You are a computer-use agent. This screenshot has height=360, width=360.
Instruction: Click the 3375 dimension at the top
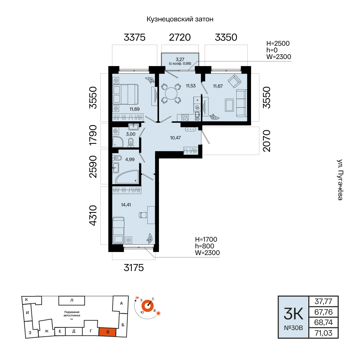(135, 37)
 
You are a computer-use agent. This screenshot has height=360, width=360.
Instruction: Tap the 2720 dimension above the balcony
(180, 37)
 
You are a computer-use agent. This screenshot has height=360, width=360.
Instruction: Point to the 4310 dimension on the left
(93, 215)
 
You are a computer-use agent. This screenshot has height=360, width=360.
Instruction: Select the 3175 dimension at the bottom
(134, 268)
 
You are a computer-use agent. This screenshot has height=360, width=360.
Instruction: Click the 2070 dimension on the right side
(267, 141)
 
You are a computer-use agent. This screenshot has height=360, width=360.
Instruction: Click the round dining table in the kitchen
(171, 93)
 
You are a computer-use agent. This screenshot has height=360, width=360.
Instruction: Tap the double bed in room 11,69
(125, 94)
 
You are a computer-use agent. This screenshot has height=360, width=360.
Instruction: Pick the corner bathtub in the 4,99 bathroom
(127, 177)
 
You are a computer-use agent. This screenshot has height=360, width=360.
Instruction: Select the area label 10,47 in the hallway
(175, 138)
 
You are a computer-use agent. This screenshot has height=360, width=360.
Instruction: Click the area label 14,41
(126, 205)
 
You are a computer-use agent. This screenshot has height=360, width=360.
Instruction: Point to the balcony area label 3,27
(180, 59)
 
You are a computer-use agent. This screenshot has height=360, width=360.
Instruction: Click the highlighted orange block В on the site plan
(107, 332)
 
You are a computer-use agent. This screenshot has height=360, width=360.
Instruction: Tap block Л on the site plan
(72, 300)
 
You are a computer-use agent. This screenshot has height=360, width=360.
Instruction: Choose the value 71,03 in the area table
(323, 333)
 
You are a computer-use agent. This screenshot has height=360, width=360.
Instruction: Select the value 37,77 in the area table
(323, 301)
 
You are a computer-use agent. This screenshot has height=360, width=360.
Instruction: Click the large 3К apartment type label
(293, 314)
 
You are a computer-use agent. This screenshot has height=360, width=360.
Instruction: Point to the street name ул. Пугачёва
(340, 180)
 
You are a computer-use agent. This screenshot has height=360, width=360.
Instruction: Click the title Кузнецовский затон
(180, 19)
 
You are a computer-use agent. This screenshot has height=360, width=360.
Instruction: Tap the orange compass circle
(147, 306)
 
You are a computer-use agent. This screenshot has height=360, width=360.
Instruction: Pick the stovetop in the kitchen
(185, 118)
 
